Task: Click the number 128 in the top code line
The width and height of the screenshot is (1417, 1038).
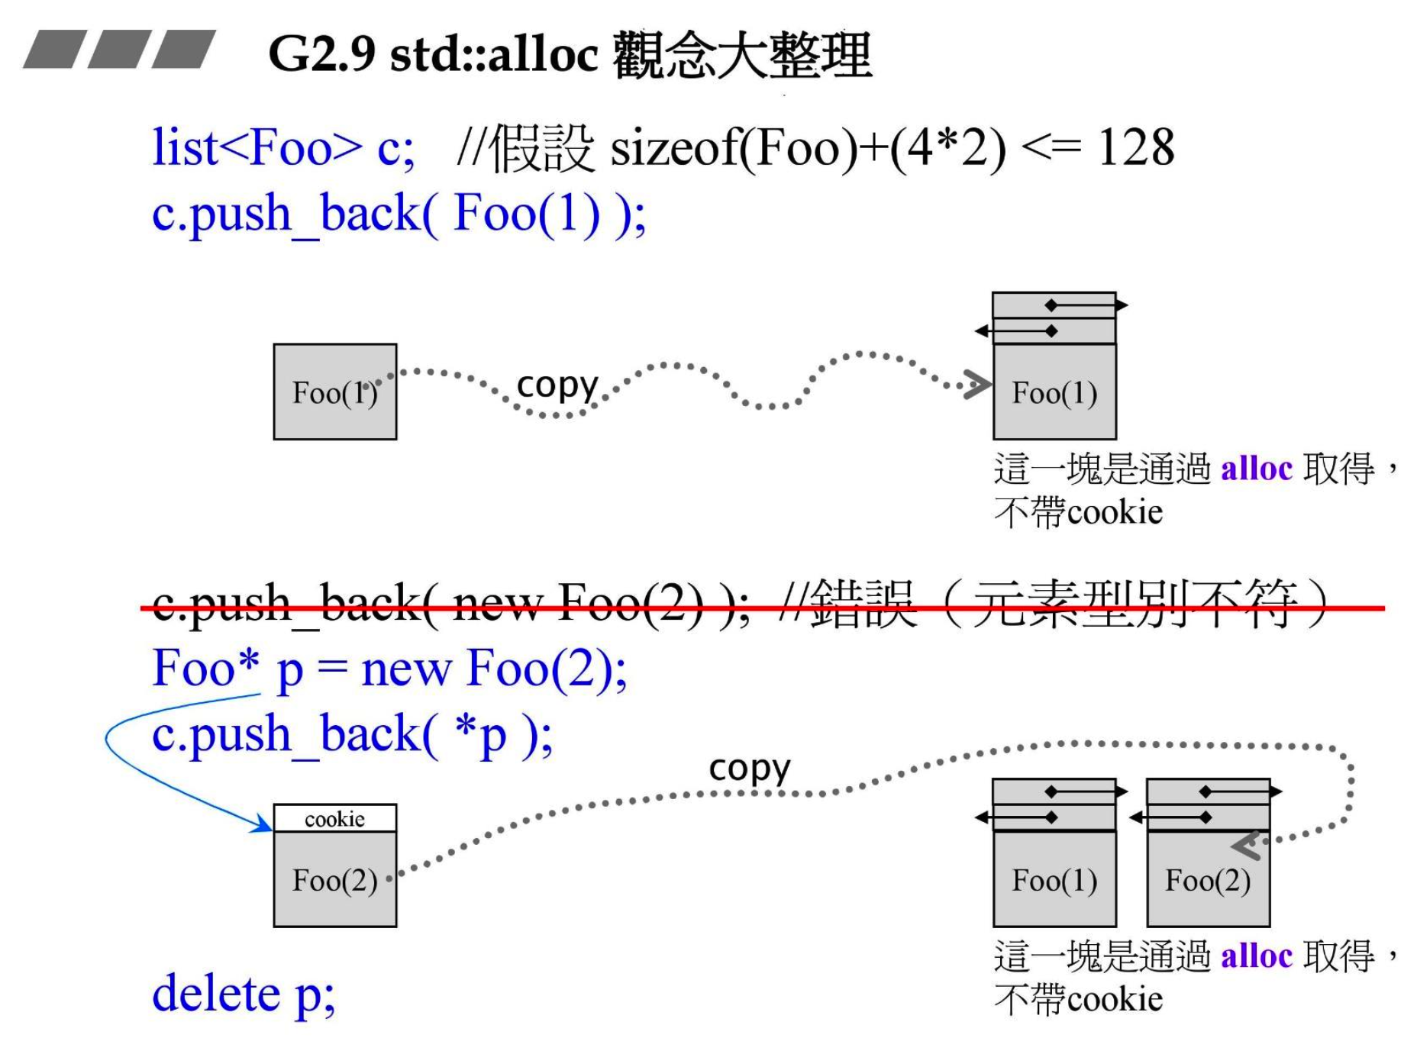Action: point(1135,147)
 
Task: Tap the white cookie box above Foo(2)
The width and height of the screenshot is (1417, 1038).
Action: point(334,818)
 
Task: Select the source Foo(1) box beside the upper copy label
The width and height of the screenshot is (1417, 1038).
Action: point(334,392)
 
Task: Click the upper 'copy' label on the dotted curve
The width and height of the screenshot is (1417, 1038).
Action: point(557,386)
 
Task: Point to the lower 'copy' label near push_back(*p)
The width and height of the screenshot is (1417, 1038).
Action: point(749,769)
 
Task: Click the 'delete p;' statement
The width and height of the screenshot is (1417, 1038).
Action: point(244,994)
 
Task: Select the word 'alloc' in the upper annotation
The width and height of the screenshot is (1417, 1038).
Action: point(1256,469)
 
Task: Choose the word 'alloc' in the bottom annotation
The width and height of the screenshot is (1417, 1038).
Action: point(1256,956)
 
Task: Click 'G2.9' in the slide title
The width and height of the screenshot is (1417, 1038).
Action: point(321,55)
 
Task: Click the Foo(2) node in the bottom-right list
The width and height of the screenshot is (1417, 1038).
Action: point(1208,879)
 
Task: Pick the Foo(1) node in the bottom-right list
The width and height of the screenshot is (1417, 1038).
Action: point(1054,879)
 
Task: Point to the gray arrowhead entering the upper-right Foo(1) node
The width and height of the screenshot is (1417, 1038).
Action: point(978,385)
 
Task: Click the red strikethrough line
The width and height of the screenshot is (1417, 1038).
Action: point(763,608)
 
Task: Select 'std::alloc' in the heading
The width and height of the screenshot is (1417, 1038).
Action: point(493,55)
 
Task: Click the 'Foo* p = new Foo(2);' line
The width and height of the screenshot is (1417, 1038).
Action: point(389,669)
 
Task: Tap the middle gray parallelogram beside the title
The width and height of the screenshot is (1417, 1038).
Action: point(119,50)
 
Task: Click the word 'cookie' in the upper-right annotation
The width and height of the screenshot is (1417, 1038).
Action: point(1115,512)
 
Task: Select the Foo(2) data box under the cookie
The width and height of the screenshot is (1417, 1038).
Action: point(334,879)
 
